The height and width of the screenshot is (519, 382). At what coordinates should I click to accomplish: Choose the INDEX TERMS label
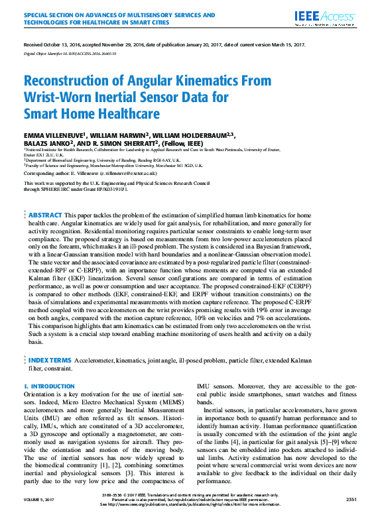50,360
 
